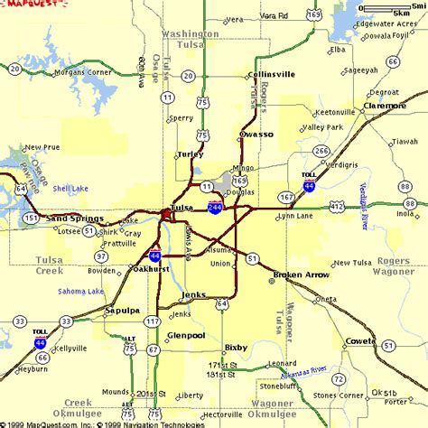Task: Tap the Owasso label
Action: coord(256,134)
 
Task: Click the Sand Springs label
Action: coord(74,219)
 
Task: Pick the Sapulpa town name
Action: coord(121,310)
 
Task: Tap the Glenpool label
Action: coord(187,335)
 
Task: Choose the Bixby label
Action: coord(237,347)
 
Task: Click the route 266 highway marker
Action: coord(321,151)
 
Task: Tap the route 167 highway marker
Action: coord(287,196)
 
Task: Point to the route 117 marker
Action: coord(153,321)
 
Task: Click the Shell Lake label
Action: coord(70,189)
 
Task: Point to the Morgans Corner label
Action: coord(87,71)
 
